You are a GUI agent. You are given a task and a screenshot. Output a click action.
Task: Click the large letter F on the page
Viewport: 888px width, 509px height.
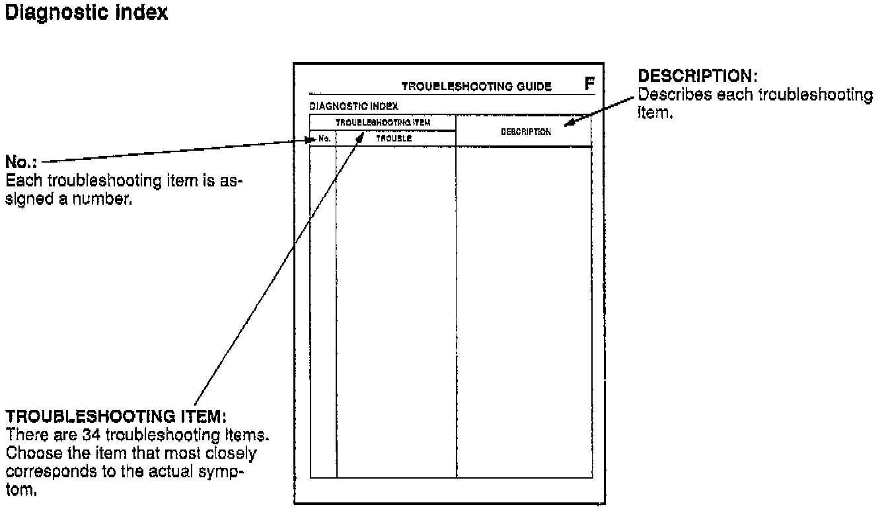point(589,84)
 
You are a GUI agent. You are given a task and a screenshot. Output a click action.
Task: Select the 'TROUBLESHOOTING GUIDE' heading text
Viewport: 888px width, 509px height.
point(476,87)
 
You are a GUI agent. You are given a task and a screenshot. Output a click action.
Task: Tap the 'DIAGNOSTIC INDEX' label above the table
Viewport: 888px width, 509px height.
point(353,106)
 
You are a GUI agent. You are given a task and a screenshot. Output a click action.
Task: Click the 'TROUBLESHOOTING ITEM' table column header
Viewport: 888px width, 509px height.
point(383,122)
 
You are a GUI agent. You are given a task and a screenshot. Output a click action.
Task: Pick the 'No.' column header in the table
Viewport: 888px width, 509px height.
point(324,139)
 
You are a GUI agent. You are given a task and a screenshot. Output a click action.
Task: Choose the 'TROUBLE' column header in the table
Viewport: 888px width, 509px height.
point(394,139)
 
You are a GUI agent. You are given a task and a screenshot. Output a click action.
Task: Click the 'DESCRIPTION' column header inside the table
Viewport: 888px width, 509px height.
point(525,132)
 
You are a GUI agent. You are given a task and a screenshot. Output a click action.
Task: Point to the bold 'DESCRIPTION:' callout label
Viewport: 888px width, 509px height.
point(693,76)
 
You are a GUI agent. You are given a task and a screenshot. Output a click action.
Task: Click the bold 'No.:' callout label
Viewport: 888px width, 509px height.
point(20,161)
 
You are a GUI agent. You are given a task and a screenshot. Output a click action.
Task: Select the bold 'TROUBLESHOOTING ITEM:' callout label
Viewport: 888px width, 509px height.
point(116,417)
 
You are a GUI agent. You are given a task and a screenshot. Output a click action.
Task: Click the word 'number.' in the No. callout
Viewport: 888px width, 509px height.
point(111,200)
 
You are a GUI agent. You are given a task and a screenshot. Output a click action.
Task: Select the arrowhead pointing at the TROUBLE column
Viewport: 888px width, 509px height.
point(361,136)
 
